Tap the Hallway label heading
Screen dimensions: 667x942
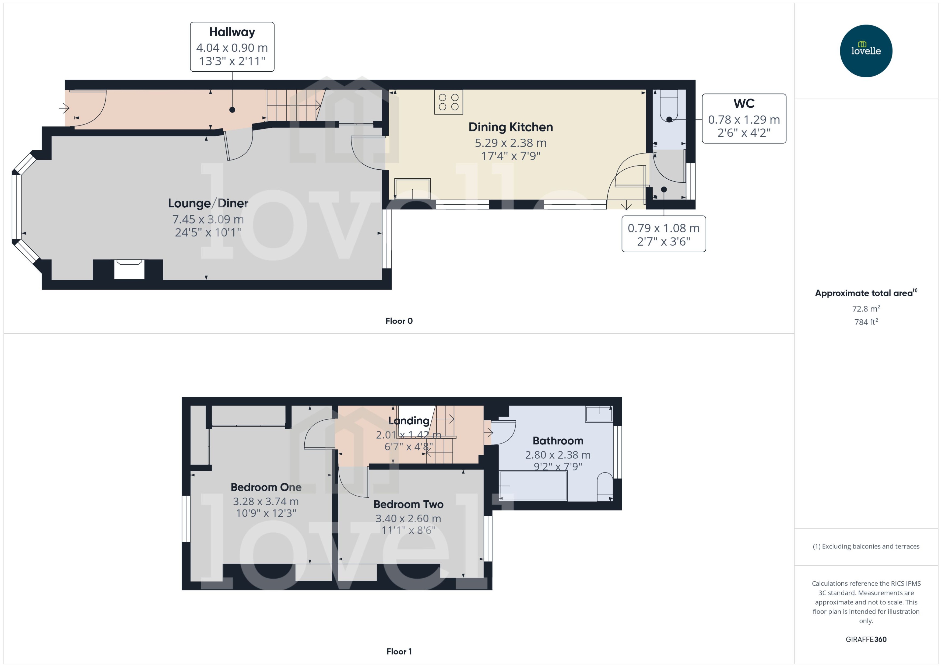[x=232, y=32]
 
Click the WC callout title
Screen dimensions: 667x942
[x=744, y=103]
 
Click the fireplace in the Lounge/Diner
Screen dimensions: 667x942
[x=129, y=270]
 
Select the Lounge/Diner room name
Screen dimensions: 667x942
[x=208, y=203]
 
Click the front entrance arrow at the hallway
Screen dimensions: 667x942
[x=64, y=109]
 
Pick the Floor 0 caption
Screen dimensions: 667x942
[x=399, y=321]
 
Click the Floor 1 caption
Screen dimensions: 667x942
[x=399, y=651]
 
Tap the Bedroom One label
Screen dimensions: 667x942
[x=266, y=487]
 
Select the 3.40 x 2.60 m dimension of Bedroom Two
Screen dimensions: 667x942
[x=408, y=518]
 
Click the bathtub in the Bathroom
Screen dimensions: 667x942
[x=533, y=486]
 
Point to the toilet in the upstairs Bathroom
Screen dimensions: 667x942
[x=604, y=487]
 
